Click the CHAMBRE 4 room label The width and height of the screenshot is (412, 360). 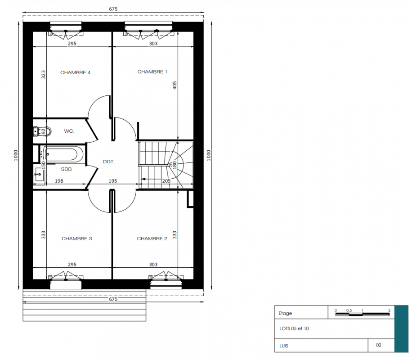pos(76,72)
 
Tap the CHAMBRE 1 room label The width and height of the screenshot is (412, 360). pos(152,72)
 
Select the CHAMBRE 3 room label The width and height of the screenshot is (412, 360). pos(77,238)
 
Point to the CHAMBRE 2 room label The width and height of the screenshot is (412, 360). pos(152,238)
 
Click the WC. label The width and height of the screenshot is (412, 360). pos(69,131)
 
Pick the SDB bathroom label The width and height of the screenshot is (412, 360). pos(66,169)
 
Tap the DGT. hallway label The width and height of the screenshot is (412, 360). pos(109,162)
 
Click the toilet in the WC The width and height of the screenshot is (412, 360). pos(42,131)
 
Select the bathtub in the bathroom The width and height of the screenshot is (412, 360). pos(64,154)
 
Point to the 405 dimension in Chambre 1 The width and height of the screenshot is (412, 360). pos(175,85)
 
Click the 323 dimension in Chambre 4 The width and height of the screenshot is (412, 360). pos(43,74)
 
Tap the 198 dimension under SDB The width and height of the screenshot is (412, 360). pos(59,181)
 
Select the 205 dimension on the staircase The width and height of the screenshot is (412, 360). pos(166,181)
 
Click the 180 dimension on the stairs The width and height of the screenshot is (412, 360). pos(175,165)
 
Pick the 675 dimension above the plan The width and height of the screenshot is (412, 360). pos(113,9)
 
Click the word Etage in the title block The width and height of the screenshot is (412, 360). pos(285,313)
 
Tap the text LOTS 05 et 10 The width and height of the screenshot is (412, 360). pos(294,328)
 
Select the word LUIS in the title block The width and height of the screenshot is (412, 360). pos(284,346)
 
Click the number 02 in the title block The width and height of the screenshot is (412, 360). pos(379,345)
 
